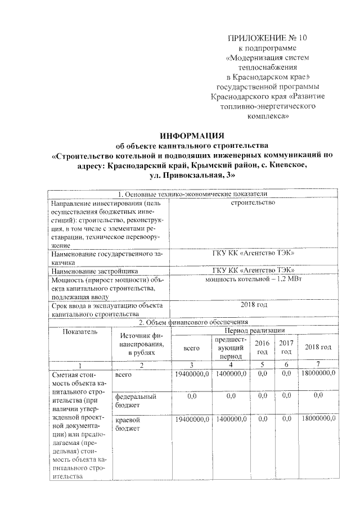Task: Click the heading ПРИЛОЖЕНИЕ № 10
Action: coord(268,38)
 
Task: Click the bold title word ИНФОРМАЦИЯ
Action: coord(192,136)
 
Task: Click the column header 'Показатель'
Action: coord(80,332)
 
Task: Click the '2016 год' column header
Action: coord(262,347)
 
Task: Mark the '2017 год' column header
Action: coord(286,347)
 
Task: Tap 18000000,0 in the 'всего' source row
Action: coord(318,373)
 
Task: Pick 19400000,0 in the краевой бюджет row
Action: coord(192,420)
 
